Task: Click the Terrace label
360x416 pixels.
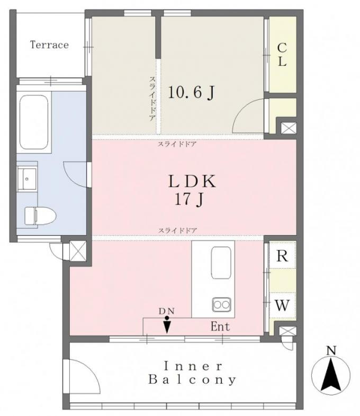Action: click(49, 45)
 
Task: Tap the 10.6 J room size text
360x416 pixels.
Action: click(191, 93)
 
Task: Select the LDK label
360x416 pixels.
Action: click(192, 182)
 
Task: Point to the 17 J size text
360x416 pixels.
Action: click(189, 199)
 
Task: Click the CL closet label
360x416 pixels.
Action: click(282, 55)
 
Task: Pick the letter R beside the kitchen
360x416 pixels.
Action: click(282, 256)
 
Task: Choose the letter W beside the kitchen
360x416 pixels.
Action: click(282, 305)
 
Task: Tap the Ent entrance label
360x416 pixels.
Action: click(220, 326)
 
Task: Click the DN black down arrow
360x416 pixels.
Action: click(167, 325)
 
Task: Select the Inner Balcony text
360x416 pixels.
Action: click(192, 373)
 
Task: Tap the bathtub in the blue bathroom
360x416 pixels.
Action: click(34, 122)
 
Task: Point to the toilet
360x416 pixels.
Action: click(40, 216)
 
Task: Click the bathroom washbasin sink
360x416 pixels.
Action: click(27, 179)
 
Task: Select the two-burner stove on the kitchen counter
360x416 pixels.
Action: click(221, 304)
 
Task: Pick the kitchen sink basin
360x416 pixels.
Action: click(221, 263)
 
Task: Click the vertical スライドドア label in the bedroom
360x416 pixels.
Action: click(152, 99)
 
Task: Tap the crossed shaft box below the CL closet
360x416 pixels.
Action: click(289, 128)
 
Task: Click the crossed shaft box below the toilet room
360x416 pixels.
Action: click(78, 251)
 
